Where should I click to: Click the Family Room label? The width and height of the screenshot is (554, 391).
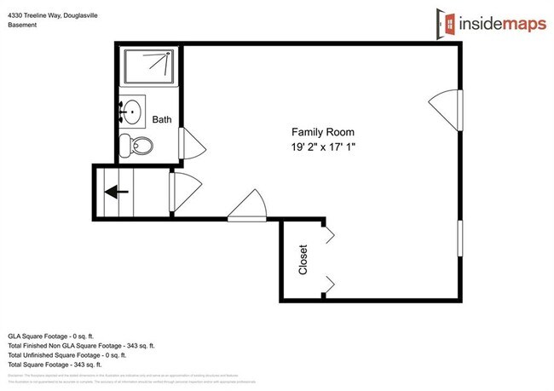(322, 132)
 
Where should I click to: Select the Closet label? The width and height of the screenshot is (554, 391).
(303, 260)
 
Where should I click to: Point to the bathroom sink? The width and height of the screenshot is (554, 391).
(131, 111)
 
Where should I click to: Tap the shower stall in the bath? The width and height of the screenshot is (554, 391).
(150, 66)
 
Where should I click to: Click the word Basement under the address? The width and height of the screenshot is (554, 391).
(23, 24)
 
